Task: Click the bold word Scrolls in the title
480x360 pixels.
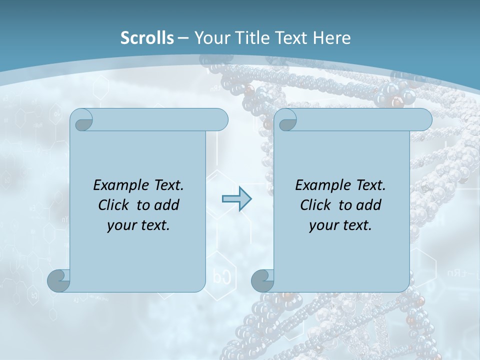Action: [147, 38]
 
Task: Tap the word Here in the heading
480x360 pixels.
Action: [332, 38]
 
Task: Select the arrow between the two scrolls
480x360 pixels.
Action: [236, 198]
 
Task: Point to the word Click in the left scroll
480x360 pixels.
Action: [114, 205]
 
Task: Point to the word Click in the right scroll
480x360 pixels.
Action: [316, 205]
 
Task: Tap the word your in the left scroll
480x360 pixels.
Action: [120, 225]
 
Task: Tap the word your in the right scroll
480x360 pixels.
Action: [322, 225]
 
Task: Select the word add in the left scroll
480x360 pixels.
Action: [167, 205]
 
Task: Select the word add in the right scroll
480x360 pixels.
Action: [369, 205]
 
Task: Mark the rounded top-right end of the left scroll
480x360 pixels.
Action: [220, 119]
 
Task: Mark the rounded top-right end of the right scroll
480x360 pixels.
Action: [424, 119]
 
